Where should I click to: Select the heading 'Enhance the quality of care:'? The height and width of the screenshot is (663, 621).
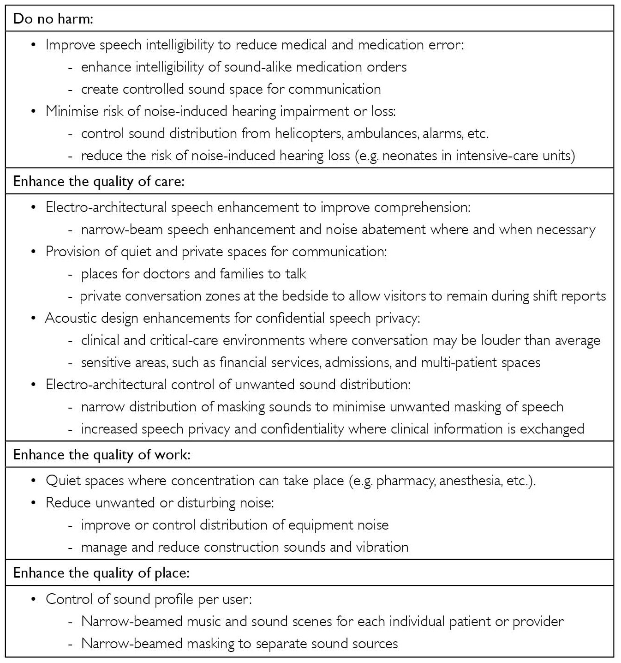(x=99, y=181)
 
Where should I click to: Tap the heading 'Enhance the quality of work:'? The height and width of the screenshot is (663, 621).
(x=102, y=455)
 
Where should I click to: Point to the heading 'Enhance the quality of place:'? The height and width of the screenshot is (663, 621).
(x=102, y=573)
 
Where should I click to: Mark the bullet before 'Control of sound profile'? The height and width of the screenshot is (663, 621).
(x=33, y=599)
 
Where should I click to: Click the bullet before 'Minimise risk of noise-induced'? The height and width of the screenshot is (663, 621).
(x=33, y=111)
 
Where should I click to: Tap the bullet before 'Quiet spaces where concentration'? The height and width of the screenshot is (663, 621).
(x=33, y=481)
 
